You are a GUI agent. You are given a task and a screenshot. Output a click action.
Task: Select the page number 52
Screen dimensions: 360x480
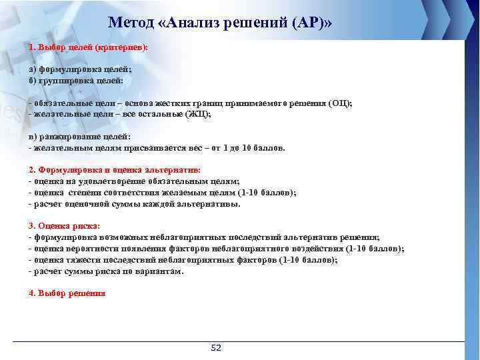coord(215,348)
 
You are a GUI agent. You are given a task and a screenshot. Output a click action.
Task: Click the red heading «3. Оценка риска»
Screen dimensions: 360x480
coord(64,226)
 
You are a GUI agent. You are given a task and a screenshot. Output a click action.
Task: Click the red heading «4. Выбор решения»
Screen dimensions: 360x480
coord(67,293)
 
